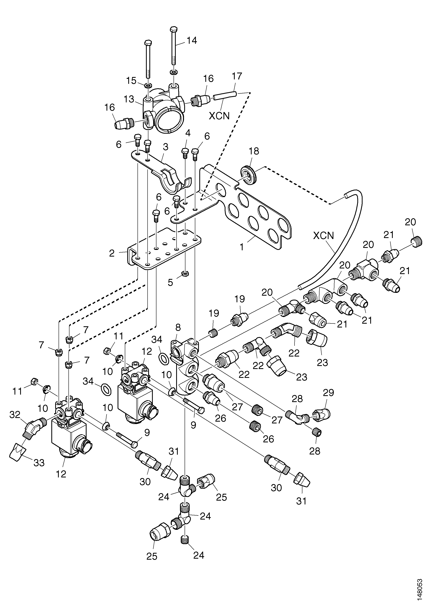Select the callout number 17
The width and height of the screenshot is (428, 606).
pyautogui.click(x=237, y=76)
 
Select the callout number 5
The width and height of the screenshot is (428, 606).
pyautogui.click(x=171, y=283)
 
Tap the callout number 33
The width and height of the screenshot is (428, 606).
pyautogui.click(x=39, y=463)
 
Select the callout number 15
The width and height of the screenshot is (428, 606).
pyautogui.click(x=131, y=80)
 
